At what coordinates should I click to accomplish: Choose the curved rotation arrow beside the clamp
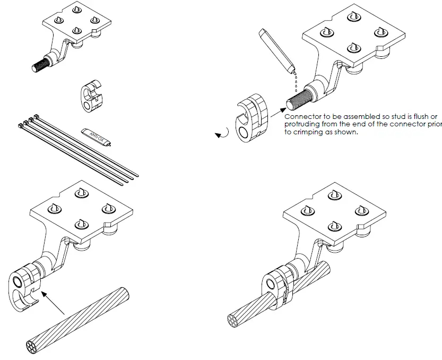223,134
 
